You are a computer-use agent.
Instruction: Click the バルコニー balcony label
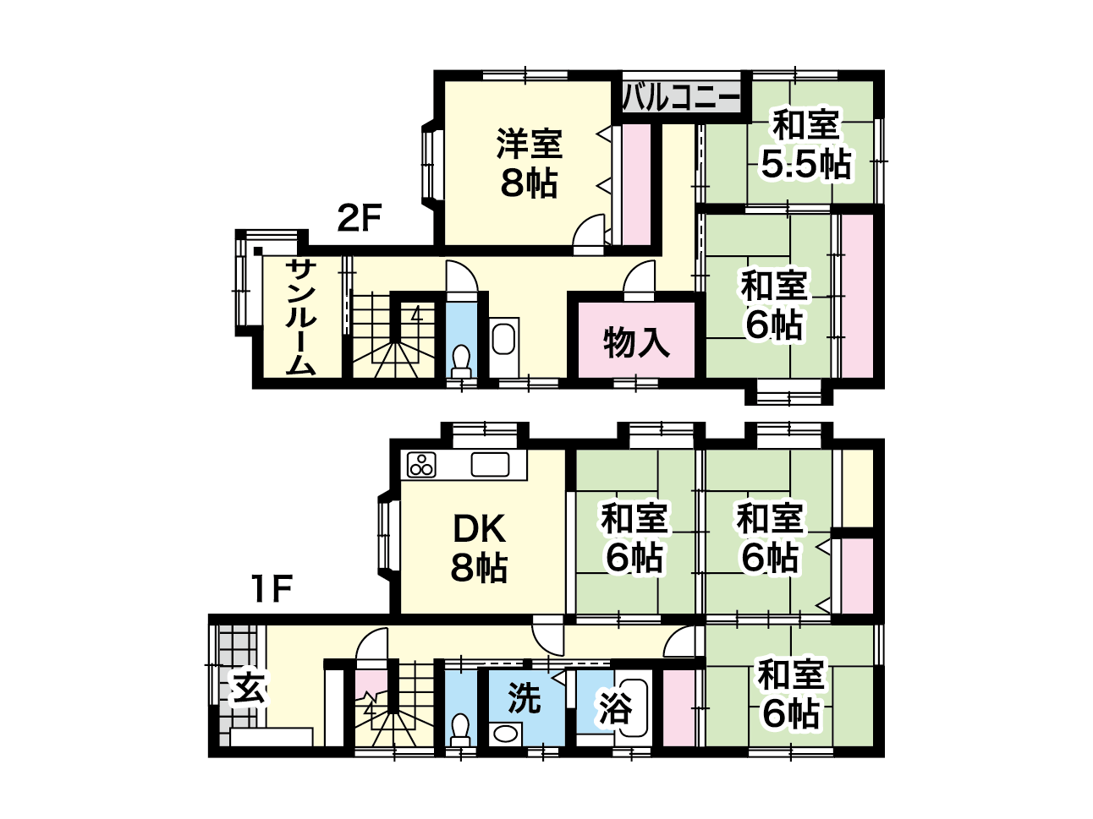(681, 97)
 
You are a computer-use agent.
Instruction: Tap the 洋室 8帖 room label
(529, 164)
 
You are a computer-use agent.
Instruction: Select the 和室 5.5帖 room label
(805, 144)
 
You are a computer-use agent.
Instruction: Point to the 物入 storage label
(636, 342)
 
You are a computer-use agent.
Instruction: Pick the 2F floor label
(359, 218)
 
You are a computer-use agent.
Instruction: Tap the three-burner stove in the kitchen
(421, 465)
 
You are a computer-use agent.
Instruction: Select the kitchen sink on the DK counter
(490, 465)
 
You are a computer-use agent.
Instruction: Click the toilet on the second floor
(461, 362)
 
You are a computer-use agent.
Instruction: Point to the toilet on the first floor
(459, 730)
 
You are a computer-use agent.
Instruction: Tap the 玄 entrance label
(249, 688)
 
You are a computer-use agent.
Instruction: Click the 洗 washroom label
(524, 698)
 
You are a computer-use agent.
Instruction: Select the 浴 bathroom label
(616, 707)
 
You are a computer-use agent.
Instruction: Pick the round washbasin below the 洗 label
(505, 734)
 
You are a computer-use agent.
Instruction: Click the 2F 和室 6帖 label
(773, 305)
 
